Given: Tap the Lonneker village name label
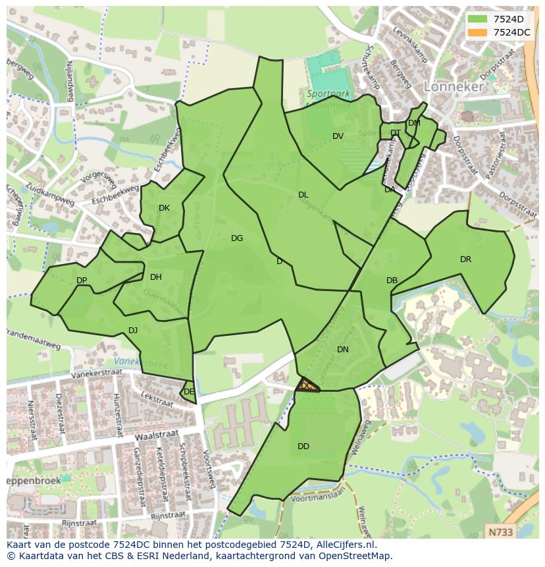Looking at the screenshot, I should [454, 86].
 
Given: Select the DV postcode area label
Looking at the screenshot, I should [338, 136].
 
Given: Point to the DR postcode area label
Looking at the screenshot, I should [465, 259].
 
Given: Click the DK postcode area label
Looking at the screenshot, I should [164, 208].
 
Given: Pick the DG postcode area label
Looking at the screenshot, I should [237, 238].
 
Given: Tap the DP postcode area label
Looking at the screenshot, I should [82, 281].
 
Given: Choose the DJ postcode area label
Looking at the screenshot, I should [133, 331].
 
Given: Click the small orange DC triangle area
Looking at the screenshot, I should [307, 386].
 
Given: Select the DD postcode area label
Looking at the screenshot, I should [303, 446].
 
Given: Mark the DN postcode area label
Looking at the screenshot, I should [342, 350].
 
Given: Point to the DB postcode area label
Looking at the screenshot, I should [392, 281].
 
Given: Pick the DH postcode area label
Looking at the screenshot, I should [155, 277].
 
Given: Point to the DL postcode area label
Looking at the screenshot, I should [303, 195].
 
